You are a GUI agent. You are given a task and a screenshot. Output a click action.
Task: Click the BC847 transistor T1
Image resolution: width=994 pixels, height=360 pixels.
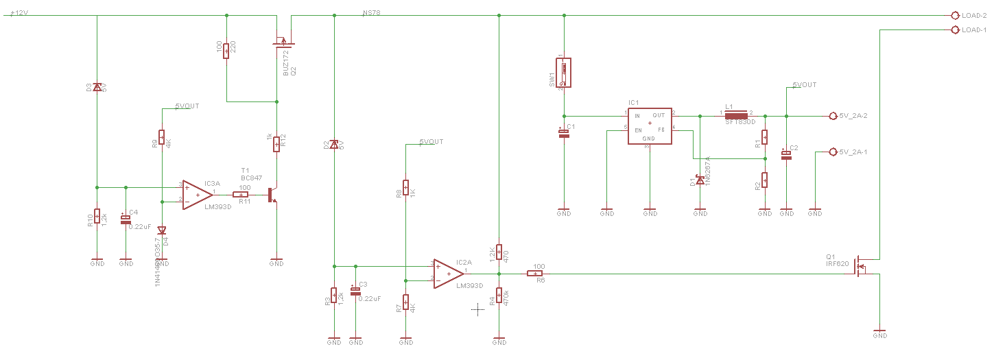(272, 194)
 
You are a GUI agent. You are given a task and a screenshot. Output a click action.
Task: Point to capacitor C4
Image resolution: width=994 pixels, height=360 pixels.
(126, 220)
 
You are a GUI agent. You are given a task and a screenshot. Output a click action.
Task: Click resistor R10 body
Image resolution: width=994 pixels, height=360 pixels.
(97, 217)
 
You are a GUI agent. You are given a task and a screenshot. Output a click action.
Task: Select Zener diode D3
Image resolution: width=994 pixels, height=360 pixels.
(97, 87)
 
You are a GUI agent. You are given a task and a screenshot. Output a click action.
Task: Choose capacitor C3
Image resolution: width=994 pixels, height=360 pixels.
(355, 291)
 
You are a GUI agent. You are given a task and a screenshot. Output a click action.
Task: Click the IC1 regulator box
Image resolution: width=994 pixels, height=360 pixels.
(649, 125)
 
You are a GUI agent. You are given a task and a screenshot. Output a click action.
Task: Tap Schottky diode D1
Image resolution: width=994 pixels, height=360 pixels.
(700, 181)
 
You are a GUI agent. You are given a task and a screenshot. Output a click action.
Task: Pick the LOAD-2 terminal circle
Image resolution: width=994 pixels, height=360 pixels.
(955, 15)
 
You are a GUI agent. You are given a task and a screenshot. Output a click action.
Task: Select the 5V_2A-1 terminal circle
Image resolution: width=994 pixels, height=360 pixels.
(833, 152)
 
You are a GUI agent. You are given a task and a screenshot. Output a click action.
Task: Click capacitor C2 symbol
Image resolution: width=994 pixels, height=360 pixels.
(786, 156)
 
